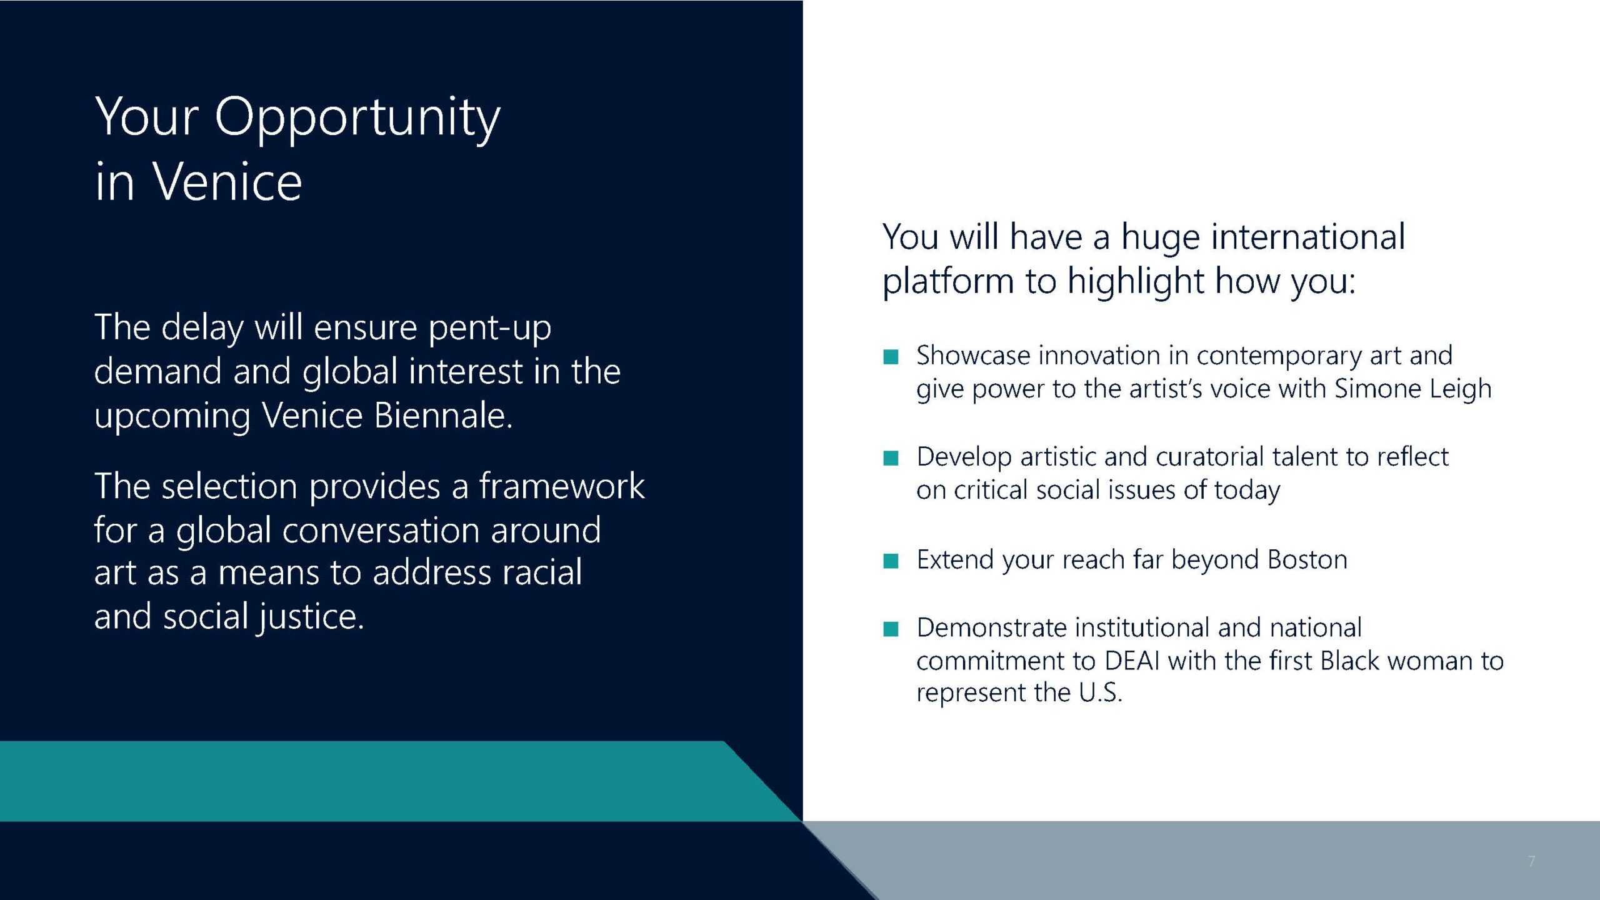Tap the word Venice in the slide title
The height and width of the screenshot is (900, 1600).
click(227, 182)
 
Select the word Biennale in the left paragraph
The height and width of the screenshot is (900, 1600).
click(443, 415)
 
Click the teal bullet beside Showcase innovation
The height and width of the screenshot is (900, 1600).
click(891, 357)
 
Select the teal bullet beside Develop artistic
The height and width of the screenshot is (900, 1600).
click(891, 458)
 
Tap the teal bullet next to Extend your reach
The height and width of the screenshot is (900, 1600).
click(891, 561)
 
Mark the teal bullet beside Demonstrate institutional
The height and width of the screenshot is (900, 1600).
click(891, 628)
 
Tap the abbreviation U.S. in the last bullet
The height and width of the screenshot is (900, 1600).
click(1101, 692)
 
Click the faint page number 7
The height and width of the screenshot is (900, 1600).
click(1532, 861)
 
